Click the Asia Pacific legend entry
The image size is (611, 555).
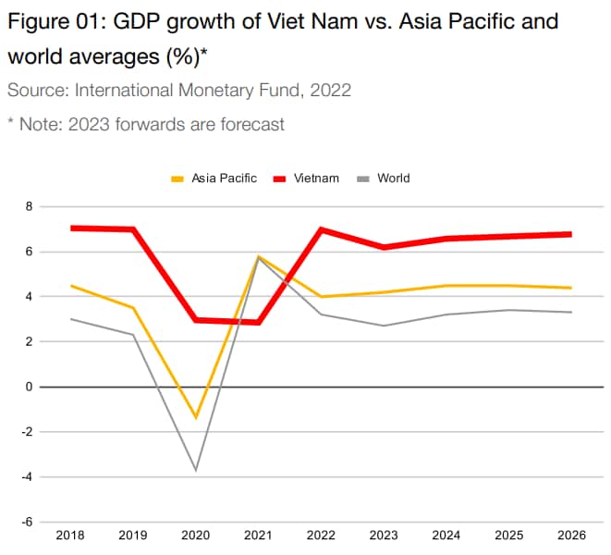tap(224, 178)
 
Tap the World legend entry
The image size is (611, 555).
tap(393, 178)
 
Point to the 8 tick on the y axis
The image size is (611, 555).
tap(29, 206)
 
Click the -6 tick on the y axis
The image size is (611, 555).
tap(27, 522)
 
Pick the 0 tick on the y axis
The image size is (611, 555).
tap(29, 387)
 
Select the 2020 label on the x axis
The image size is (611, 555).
tap(195, 535)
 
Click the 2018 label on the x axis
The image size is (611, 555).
tap(70, 535)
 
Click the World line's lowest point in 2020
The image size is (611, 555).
tap(195, 470)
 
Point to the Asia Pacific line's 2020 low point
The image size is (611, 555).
tap(195, 417)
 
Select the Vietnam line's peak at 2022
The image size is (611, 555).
tap(321, 228)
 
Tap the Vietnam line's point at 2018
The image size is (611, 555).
tap(71, 228)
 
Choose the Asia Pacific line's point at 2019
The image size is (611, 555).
tap(133, 308)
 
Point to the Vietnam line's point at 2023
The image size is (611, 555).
tap(384, 247)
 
